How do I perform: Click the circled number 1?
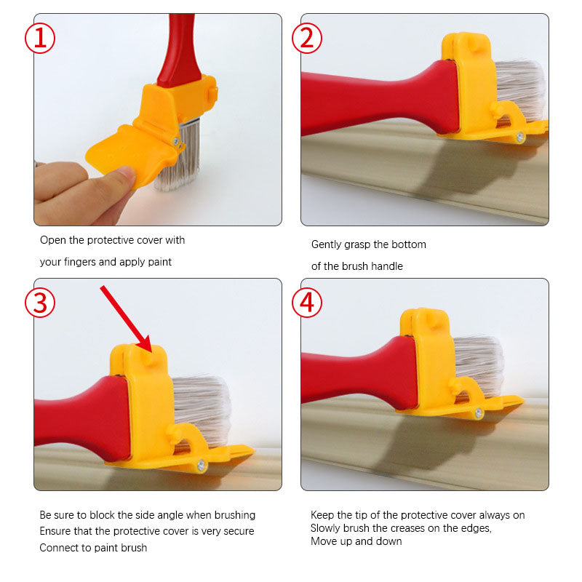(40, 38)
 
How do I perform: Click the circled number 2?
(307, 38)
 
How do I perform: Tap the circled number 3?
(40, 303)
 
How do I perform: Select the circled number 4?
(307, 303)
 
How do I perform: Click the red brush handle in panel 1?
(178, 51)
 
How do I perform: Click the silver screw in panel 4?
(479, 413)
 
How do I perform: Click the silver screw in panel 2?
(520, 137)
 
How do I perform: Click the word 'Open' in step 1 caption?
(52, 240)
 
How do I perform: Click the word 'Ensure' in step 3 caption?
(56, 531)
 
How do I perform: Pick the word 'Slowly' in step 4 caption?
(327, 528)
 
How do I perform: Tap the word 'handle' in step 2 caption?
(386, 266)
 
